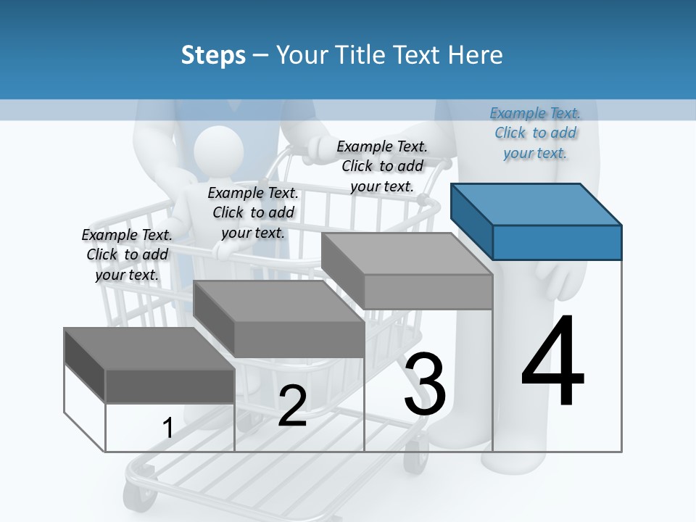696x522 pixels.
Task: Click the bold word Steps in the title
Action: [x=213, y=55]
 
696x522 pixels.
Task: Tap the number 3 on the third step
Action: [x=425, y=384]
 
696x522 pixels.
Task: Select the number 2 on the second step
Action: [x=292, y=407]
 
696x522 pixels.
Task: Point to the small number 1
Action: [x=168, y=428]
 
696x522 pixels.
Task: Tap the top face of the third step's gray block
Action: [x=407, y=254]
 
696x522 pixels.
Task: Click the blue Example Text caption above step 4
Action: [x=535, y=133]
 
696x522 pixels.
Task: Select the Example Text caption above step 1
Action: [x=127, y=254]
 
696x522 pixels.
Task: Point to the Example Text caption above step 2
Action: [x=253, y=212]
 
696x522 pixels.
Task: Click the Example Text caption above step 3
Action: [x=382, y=166]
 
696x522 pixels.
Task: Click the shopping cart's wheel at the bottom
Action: [x=135, y=497]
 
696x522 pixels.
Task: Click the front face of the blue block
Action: [x=557, y=242]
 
